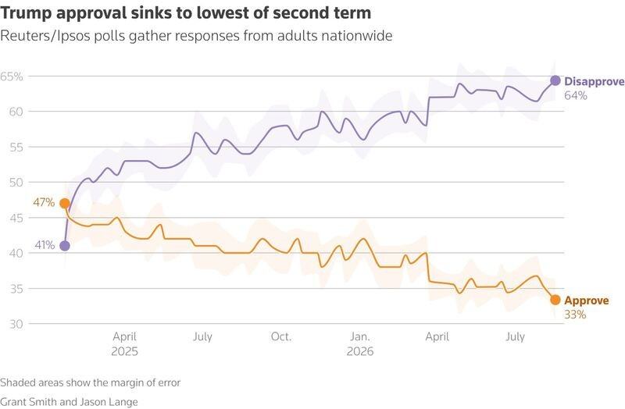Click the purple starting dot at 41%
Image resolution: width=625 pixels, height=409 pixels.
click(65, 246)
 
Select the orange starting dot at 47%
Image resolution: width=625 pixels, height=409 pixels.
click(65, 204)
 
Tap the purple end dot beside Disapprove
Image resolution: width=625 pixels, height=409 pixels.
click(555, 81)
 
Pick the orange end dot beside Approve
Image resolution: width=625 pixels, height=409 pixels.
click(555, 300)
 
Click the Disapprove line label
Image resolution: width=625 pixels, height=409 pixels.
click(595, 82)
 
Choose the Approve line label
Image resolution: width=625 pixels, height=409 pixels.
click(587, 301)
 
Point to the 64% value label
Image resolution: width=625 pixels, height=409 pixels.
click(576, 95)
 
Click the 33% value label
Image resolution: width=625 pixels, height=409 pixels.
click(575, 315)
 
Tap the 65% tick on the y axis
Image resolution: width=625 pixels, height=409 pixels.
click(12, 76)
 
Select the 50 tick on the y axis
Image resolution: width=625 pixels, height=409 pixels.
click(16, 183)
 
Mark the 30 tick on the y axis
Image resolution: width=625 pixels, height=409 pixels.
click(16, 324)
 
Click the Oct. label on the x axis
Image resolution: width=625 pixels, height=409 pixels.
click(281, 336)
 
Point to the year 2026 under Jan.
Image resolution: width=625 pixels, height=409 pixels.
click(360, 351)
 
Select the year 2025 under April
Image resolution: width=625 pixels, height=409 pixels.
click(124, 351)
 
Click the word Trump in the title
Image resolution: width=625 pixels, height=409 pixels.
click(27, 13)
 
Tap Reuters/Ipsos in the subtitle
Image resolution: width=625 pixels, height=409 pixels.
click(46, 36)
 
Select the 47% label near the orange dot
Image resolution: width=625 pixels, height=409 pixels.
click(44, 203)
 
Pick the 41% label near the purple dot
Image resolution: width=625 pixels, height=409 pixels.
click(45, 245)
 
